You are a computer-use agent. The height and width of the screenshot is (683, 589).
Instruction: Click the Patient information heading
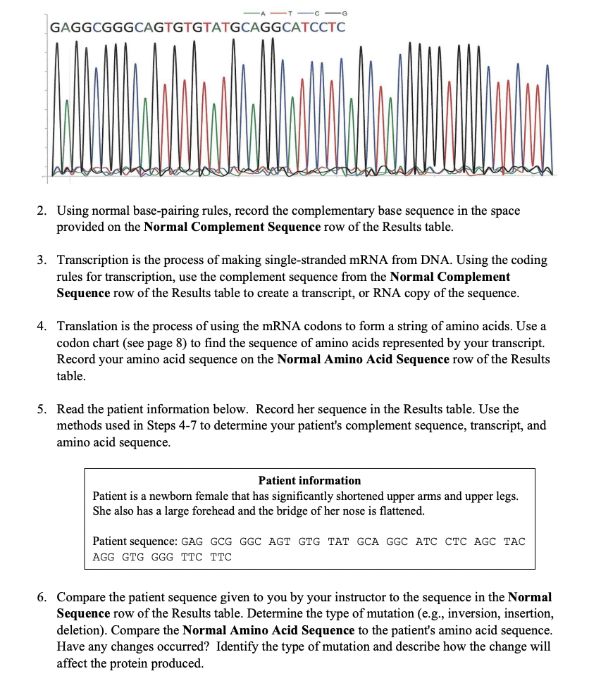[309, 480]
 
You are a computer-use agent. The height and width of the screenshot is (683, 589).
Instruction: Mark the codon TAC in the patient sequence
[514, 541]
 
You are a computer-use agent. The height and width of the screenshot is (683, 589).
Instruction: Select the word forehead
[206, 510]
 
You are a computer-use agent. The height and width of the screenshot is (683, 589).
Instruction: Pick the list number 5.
[43, 409]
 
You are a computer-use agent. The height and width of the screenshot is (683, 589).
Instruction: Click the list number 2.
[43, 211]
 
